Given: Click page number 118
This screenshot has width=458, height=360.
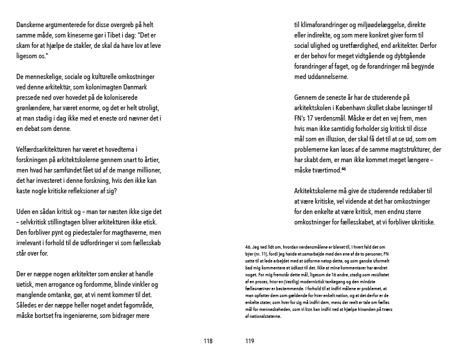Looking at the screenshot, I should [x=208, y=341].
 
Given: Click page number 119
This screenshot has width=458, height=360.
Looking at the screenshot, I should [x=249, y=341].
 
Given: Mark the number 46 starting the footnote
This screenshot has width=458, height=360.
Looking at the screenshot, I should [x=249, y=247].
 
